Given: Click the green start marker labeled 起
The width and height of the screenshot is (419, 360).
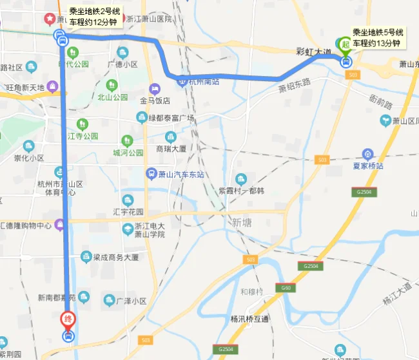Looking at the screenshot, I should (346, 45).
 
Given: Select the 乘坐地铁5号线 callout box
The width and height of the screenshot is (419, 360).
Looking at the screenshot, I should (377, 37).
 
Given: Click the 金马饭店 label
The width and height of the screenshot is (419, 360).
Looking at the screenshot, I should (155, 100).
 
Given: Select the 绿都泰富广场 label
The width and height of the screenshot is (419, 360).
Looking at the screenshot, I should (171, 117).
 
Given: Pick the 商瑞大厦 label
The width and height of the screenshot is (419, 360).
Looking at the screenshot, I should (171, 148).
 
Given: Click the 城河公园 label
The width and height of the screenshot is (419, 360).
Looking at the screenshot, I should (128, 153).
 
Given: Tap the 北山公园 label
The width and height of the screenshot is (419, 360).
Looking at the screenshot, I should (112, 97).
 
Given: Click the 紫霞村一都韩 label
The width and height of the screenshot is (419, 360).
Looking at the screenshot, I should (241, 191).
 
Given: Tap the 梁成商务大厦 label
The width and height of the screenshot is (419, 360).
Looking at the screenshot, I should (115, 256).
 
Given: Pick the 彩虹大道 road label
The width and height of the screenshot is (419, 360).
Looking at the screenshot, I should (313, 52).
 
